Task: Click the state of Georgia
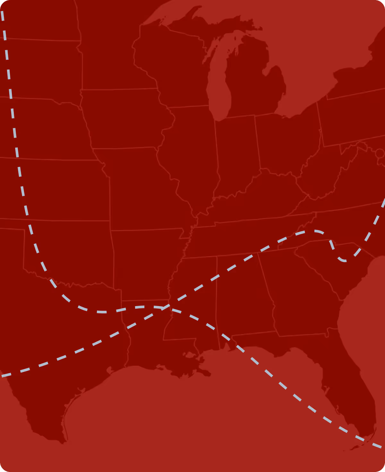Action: point(298,296)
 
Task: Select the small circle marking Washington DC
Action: point(380,153)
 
